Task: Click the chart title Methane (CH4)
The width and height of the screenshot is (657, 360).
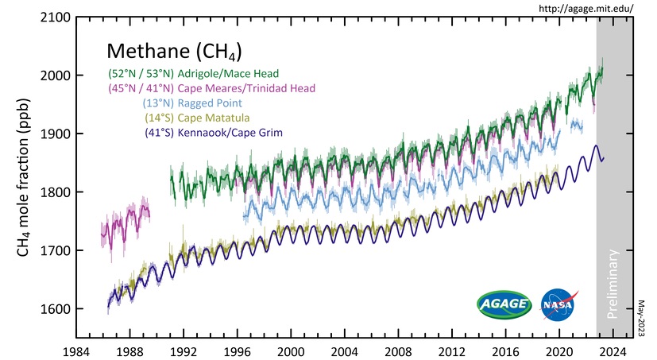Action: click(174, 52)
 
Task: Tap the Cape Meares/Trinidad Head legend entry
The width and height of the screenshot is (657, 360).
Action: click(247, 87)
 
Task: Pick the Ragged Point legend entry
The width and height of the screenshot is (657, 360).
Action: click(210, 103)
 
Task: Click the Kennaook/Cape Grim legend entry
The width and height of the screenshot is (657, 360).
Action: click(231, 131)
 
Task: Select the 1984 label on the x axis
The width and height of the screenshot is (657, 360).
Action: click(76, 350)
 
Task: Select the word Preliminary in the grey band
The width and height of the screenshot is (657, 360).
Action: click(613, 285)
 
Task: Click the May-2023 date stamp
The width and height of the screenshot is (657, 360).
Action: click(644, 317)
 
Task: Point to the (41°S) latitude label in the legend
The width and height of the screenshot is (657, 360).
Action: click(160, 131)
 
